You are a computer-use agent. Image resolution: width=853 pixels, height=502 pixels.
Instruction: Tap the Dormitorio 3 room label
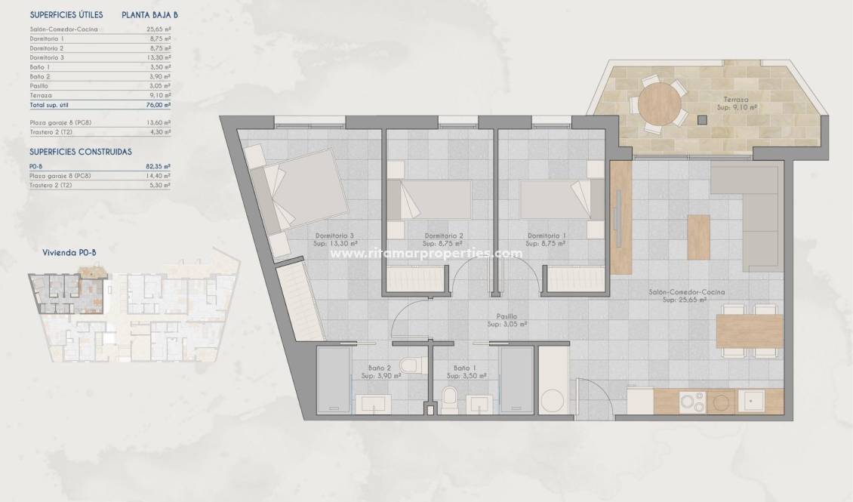coord(334,235)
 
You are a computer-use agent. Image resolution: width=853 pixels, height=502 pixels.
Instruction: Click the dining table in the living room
coord(750,331)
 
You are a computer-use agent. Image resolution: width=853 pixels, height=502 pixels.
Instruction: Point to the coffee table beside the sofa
coord(698,236)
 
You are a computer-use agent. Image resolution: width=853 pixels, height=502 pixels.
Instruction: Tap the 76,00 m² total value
coord(158,105)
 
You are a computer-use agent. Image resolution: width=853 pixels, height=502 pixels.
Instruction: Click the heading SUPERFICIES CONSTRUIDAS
coord(80,151)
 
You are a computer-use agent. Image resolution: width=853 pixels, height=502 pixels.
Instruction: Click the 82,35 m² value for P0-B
coord(158,166)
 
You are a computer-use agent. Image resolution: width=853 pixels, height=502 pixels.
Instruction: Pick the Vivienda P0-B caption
coord(69,254)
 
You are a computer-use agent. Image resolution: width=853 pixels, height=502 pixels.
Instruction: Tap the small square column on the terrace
coord(702,119)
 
